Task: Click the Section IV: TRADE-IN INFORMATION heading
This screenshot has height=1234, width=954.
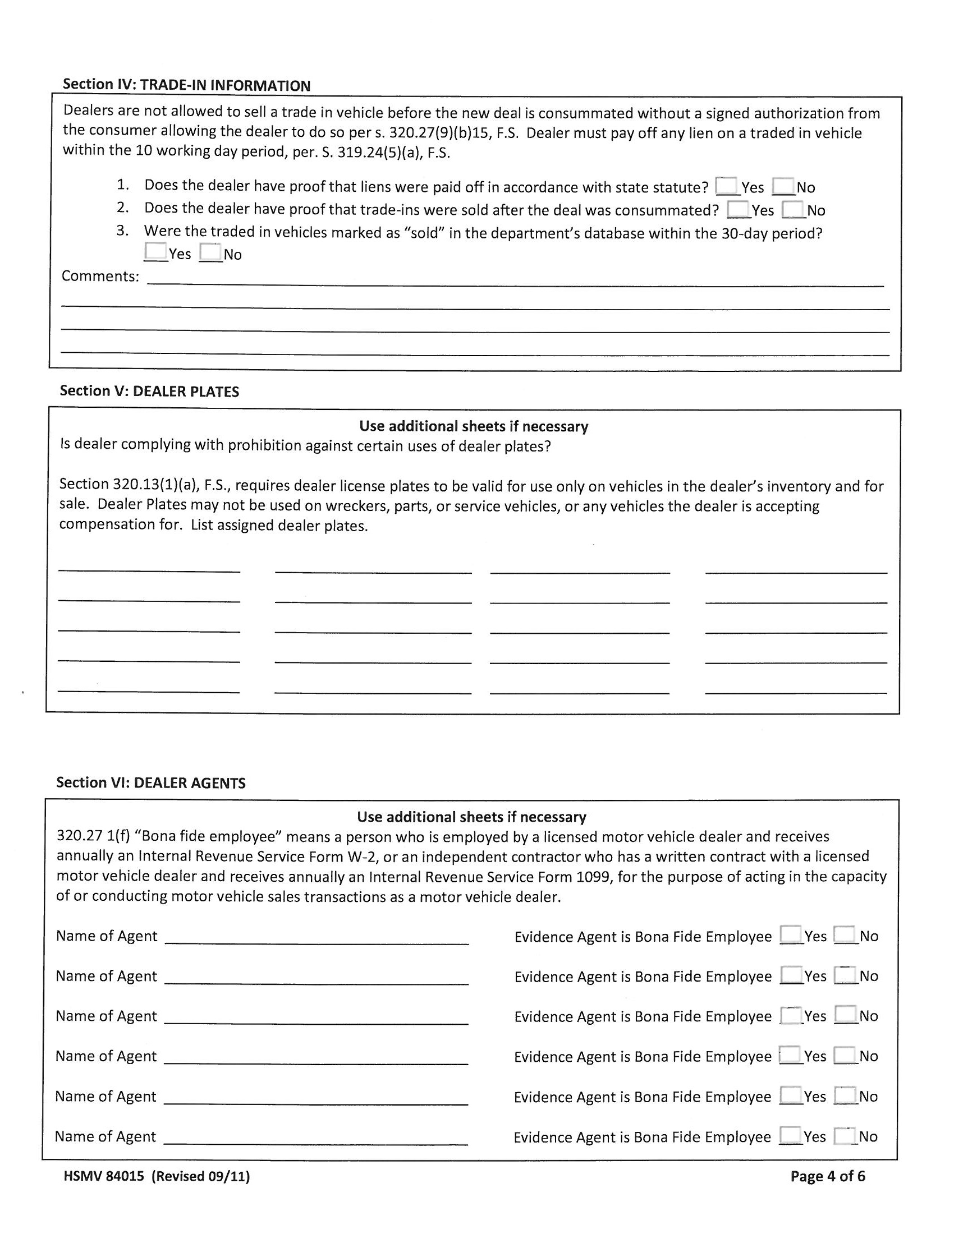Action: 186,85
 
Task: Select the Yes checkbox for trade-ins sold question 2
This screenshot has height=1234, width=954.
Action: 737,209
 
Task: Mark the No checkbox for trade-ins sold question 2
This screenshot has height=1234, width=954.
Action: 793,209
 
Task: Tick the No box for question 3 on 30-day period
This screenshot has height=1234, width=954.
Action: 210,252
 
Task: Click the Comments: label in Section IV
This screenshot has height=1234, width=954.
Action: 100,277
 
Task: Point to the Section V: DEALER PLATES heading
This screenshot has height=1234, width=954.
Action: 149,391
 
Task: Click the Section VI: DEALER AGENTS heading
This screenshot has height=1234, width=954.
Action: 150,782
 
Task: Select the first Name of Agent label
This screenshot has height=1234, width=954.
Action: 106,936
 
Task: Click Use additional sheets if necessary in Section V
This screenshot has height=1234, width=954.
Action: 474,426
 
